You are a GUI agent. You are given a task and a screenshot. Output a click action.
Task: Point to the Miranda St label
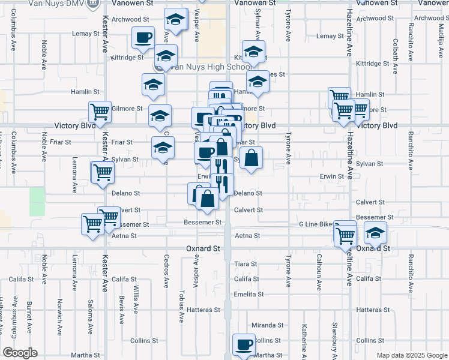(x=267, y=325)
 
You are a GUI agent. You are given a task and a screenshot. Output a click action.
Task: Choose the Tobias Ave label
(x=181, y=306)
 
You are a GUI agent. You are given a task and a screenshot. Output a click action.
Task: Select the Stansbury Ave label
(x=335, y=338)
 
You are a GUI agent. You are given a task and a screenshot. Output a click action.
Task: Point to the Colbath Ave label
(x=395, y=56)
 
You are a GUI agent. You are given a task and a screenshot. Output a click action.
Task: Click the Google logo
(x=20, y=353)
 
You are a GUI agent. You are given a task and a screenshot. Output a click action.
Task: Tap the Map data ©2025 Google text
(x=411, y=355)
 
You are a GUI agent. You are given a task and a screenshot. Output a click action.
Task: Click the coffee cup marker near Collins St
(x=244, y=344)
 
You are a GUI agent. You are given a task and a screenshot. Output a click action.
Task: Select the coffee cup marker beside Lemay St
(x=143, y=38)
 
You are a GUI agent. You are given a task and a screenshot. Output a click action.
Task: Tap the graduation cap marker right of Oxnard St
(x=375, y=233)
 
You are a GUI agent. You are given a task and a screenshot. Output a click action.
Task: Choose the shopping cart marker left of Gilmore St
(x=100, y=111)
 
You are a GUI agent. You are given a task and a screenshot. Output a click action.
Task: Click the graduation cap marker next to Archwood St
(x=175, y=20)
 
